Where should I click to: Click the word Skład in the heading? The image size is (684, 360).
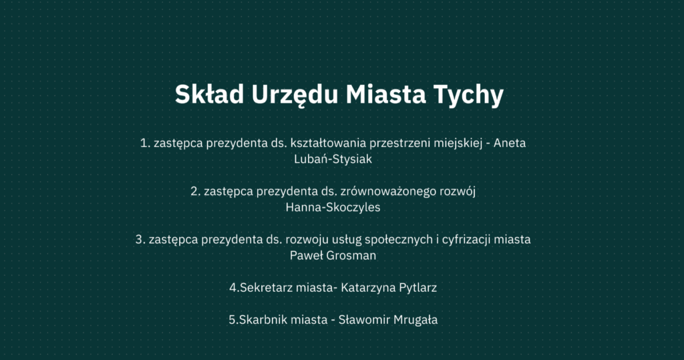(x=209, y=94)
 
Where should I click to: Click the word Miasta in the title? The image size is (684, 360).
(x=385, y=94)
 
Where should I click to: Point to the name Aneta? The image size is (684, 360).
(x=510, y=143)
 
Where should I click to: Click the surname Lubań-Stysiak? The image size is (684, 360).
(x=333, y=159)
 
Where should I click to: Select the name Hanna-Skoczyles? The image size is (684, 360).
(x=333, y=207)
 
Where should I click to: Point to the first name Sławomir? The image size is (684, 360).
(x=364, y=319)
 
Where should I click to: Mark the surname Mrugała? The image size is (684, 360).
(x=415, y=320)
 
